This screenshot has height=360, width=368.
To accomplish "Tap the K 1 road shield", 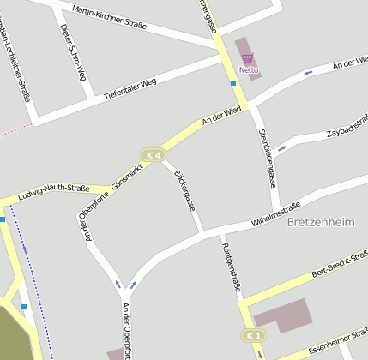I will tap(250, 334).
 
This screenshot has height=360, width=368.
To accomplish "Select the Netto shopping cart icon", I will tap(247, 58).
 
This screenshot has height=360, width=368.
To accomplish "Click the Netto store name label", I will tap(248, 69).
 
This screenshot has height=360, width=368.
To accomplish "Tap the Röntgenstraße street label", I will tap(230, 267).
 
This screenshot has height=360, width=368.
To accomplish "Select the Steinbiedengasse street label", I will tap(268, 158).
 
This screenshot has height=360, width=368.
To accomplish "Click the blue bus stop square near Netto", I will tap(233, 83).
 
